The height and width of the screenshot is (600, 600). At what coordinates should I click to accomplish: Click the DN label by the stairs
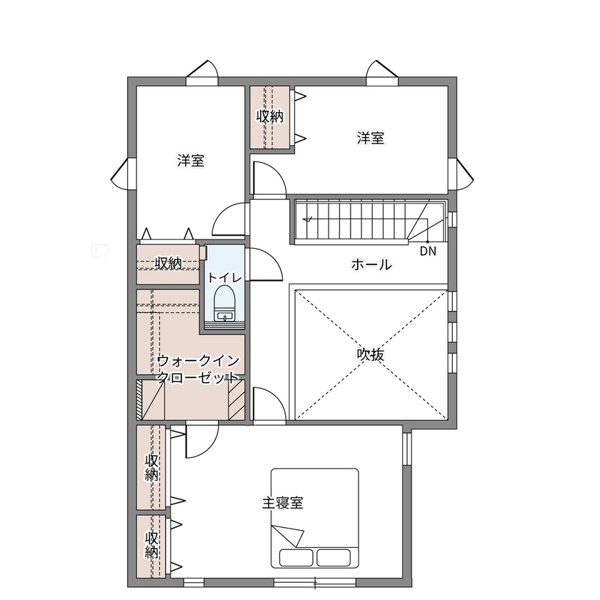[427, 251]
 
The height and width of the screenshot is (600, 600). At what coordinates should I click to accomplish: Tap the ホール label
[371, 265]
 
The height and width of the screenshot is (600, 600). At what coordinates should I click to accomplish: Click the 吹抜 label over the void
[371, 354]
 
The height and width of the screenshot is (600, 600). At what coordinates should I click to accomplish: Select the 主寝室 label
[282, 503]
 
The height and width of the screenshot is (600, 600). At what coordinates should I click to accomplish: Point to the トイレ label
[224, 277]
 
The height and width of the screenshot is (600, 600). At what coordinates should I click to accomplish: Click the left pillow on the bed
[296, 556]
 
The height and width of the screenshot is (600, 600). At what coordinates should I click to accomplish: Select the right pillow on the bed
[334, 556]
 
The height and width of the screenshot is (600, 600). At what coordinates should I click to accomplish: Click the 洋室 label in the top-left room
[191, 161]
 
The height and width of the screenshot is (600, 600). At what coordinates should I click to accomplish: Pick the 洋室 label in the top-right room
[371, 138]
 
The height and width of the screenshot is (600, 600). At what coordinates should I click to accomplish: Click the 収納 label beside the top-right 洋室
[270, 116]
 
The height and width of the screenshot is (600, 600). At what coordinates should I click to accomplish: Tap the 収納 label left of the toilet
[169, 264]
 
